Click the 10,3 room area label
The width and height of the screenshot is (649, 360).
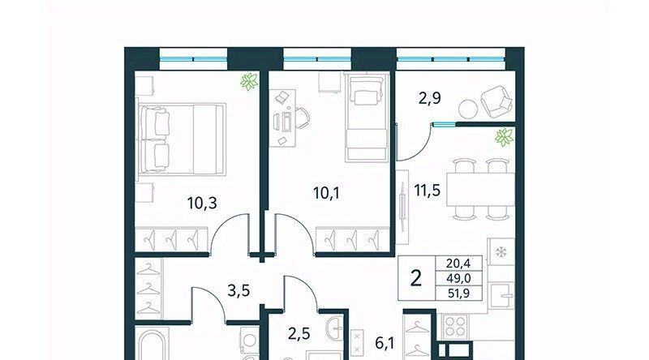(202, 204)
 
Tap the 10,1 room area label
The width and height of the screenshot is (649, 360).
(327, 193)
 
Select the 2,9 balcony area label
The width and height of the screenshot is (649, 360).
(430, 98)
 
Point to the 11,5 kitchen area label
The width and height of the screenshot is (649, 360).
(428, 191)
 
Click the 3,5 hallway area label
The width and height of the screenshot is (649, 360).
(239, 290)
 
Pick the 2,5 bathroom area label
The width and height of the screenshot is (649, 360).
(299, 333)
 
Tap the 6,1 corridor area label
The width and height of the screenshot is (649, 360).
(385, 343)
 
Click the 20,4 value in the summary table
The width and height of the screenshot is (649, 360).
(458, 264)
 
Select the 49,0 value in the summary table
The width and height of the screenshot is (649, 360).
(458, 278)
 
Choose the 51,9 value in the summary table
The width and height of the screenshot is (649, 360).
(458, 294)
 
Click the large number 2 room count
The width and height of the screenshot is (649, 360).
(416, 278)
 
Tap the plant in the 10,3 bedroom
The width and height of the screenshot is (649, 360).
(249, 82)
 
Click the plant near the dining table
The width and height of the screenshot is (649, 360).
(504, 137)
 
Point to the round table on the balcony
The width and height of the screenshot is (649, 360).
(468, 109)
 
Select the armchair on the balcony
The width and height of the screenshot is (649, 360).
(496, 101)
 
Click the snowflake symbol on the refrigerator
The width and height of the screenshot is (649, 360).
(501, 251)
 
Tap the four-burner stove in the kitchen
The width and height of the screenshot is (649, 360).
(455, 327)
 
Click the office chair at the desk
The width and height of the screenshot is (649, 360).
(302, 118)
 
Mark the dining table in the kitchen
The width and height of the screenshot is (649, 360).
(480, 190)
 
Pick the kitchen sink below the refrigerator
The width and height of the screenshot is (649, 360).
(501, 295)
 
